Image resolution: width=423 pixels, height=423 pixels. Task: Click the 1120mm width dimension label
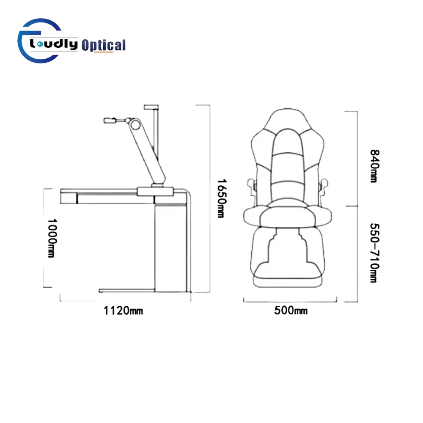tap(123, 310)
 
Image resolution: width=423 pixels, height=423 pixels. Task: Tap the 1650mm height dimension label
tap(222, 198)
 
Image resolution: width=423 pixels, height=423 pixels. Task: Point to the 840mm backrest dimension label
tap(374, 166)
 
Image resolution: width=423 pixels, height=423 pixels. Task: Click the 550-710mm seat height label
tap(374, 253)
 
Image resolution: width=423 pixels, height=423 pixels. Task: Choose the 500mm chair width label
tap(291, 310)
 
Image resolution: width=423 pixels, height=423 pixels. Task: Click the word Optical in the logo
tap(104, 45)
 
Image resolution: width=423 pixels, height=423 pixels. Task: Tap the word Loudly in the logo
tap(54, 44)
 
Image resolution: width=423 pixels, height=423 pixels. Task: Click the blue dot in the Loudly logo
tap(40, 44)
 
